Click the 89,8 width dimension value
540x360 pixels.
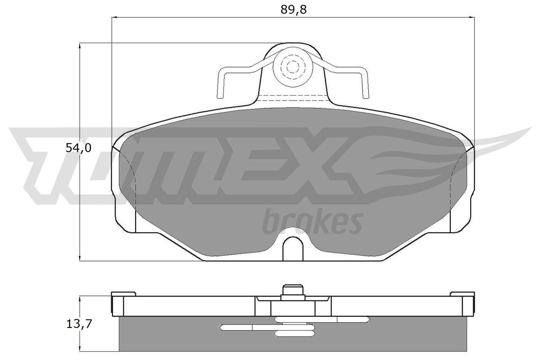pyautogui.click(x=293, y=10)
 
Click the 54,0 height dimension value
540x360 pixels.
pyautogui.click(x=78, y=148)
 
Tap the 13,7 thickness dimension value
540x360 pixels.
pyautogui.click(x=78, y=324)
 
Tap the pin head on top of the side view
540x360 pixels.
pyautogui.click(x=292, y=290)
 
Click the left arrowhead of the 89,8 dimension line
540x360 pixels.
pyautogui.click(x=114, y=17)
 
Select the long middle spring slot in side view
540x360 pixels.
pyautogui.click(x=236, y=327)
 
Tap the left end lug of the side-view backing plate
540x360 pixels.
pyautogui.click(x=117, y=305)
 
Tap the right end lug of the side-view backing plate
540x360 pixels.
pyautogui.click(x=468, y=305)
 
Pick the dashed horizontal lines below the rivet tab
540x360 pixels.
pyautogui.click(x=294, y=98)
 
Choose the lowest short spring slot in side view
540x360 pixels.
pyautogui.click(x=295, y=334)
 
